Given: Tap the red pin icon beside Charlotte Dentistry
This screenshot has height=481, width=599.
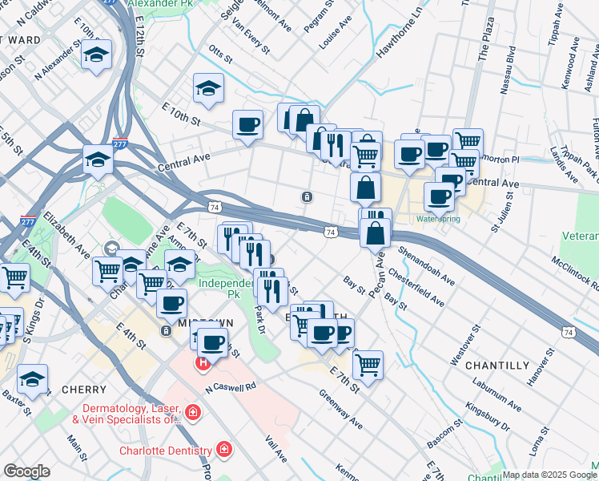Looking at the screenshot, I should (x=226, y=448).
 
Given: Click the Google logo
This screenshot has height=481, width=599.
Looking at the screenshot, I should (x=26, y=471).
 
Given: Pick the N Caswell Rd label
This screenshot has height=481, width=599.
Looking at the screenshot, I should (x=230, y=386).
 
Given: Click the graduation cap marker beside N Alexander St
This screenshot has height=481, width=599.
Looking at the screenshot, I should (x=97, y=55).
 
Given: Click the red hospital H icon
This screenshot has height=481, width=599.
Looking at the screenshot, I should (x=203, y=363).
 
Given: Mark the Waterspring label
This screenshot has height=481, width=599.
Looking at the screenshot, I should (x=437, y=218).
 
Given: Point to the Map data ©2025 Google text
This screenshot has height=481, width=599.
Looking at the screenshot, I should (x=549, y=475).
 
